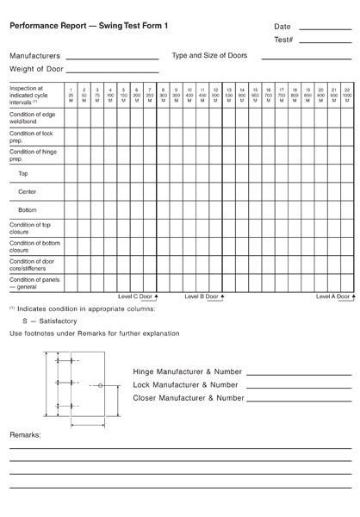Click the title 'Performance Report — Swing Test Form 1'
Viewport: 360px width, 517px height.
click(89, 27)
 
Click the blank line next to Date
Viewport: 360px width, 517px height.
click(325, 28)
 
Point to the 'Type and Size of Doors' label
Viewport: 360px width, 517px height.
click(209, 55)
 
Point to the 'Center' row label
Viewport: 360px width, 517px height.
click(27, 191)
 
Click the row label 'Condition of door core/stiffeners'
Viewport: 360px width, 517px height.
click(32, 264)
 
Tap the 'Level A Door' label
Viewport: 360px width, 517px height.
click(334, 296)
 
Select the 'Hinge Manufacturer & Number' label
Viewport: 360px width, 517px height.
click(189, 371)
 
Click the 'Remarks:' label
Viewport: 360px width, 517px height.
click(25, 436)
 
